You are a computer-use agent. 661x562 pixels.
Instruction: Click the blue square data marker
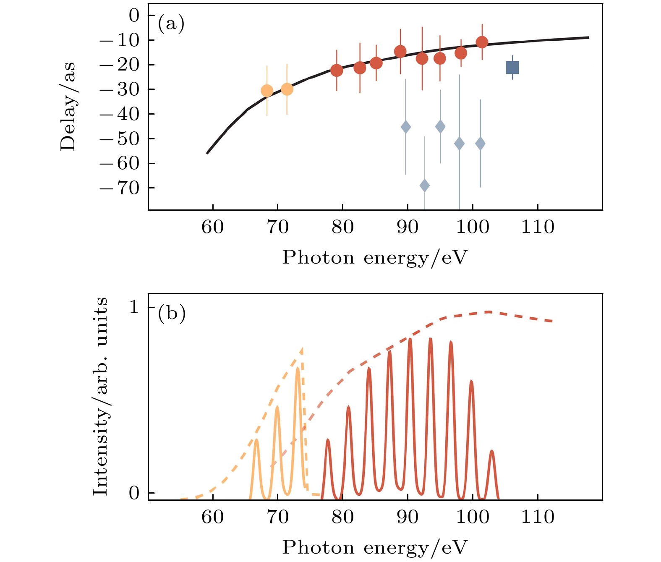pos(512,68)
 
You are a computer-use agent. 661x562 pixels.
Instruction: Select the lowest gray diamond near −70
pos(425,186)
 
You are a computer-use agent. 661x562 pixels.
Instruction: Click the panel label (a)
pos(171,24)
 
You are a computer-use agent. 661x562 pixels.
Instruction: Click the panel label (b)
pos(171,313)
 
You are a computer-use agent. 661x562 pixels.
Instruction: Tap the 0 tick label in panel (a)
pos(134,16)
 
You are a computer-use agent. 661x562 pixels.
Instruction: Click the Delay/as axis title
pos(68,107)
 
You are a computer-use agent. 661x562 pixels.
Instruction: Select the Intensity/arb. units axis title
pos(100,396)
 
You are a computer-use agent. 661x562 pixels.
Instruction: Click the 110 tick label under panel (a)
pos(538,227)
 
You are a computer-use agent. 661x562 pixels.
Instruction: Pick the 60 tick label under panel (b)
pos(213,517)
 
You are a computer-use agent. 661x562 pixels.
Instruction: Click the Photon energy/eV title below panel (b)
pos(374,547)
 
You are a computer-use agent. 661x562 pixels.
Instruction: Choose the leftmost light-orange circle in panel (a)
pos(267,91)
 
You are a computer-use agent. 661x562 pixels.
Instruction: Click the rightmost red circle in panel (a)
pos(482,42)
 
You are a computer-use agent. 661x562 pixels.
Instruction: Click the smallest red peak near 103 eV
pos(492,452)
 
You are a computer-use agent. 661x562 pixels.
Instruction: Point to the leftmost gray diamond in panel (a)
pos(406,127)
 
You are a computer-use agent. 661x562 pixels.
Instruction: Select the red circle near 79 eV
pos(337,71)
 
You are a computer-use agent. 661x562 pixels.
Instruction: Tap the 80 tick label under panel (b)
pos(343,517)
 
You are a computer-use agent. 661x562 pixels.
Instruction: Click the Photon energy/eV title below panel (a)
pos(374,257)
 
